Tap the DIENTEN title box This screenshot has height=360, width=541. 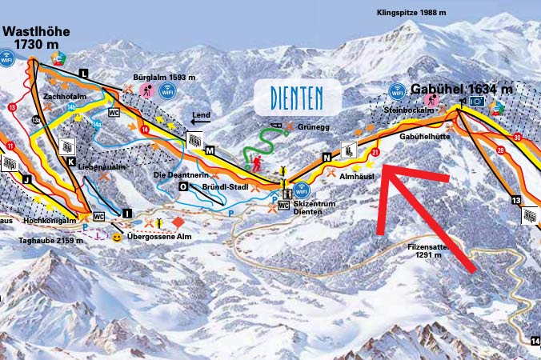[x=297, y=98]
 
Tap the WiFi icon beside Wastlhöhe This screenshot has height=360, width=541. [x=8, y=58]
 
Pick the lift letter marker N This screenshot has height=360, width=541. [x=326, y=158]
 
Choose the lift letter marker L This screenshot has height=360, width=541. [x=83, y=73]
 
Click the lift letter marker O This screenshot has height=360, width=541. [x=183, y=186]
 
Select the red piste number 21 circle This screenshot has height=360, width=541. [x=375, y=150]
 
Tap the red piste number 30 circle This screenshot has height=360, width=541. [x=518, y=138]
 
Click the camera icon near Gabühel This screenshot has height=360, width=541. [x=477, y=102]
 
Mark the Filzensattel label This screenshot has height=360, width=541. [x=440, y=250]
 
